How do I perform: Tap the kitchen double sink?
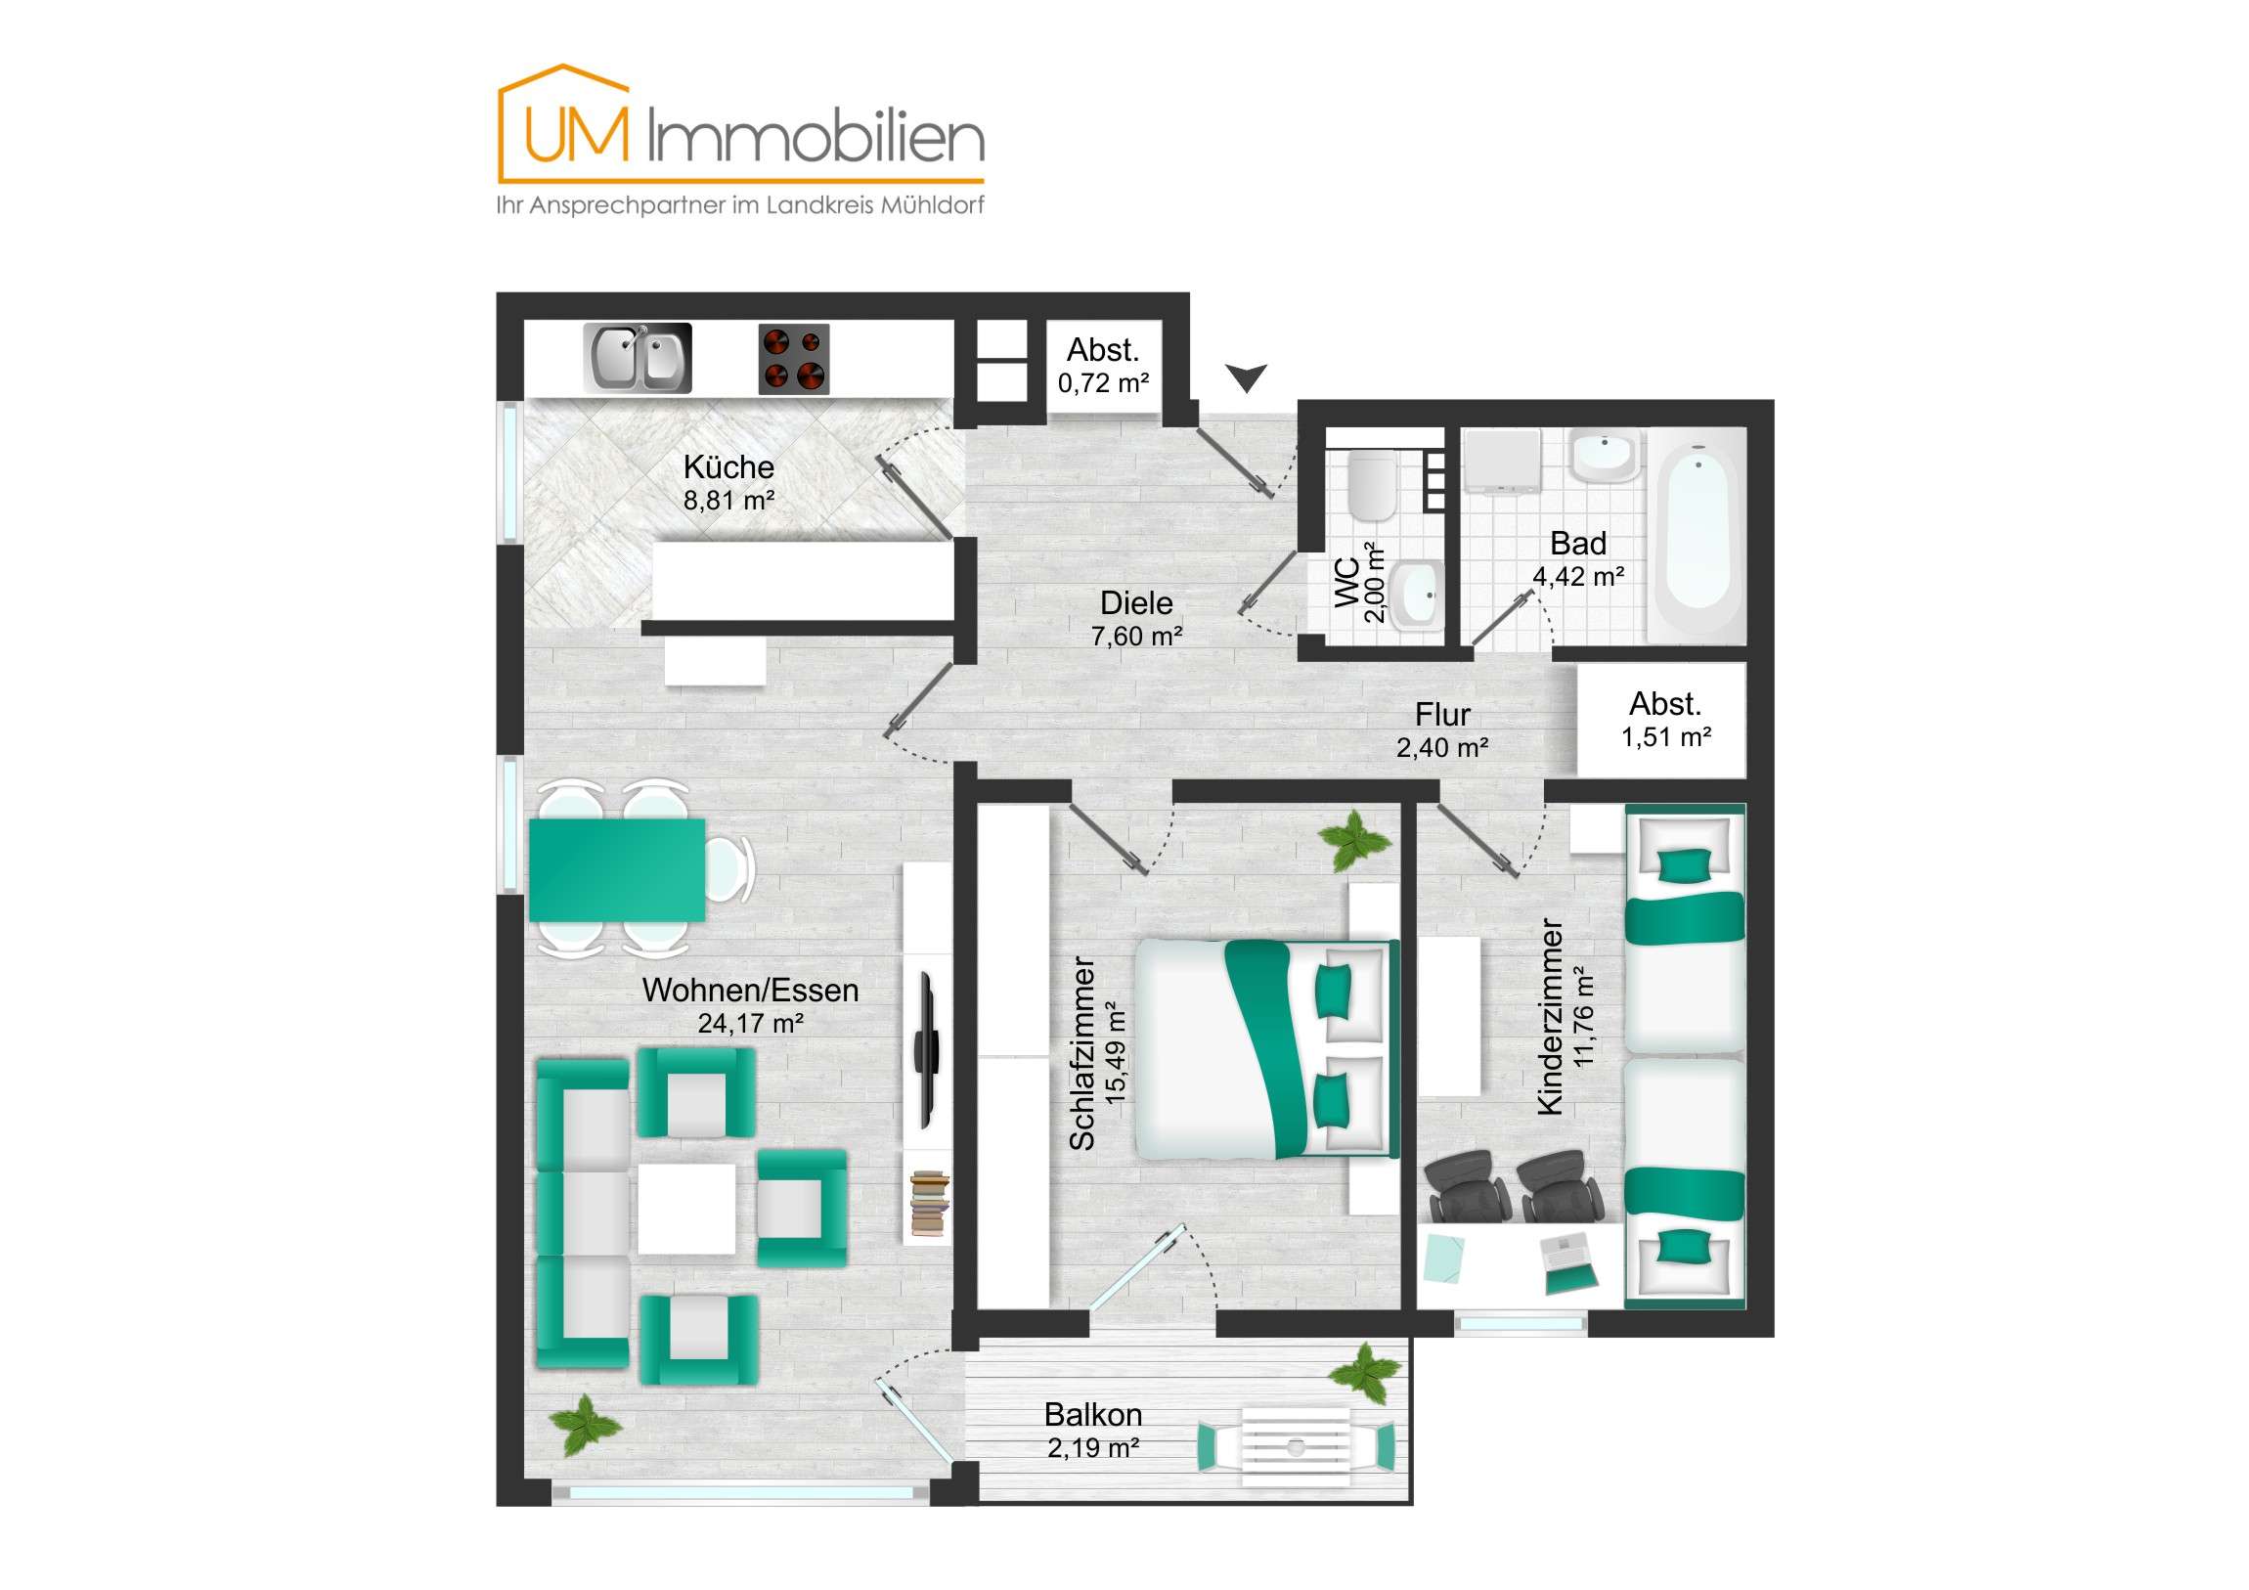pyautogui.click(x=638, y=359)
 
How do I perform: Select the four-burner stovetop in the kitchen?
pyautogui.click(x=793, y=359)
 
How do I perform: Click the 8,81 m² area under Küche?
pyautogui.click(x=728, y=501)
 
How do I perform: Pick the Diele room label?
pyautogui.click(x=1136, y=602)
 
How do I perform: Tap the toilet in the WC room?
pyautogui.click(x=1370, y=485)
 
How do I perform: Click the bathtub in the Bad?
pyautogui.click(x=1698, y=537)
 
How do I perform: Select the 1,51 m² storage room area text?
pyautogui.click(x=1665, y=737)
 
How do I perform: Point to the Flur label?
pyautogui.click(x=1442, y=714)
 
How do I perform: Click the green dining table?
pyautogui.click(x=617, y=871)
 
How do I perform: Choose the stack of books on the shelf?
pyautogui.click(x=930, y=1202)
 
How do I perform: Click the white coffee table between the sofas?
pyautogui.click(x=686, y=1208)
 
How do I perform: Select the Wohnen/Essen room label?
pyautogui.click(x=750, y=991)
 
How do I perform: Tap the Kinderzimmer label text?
pyautogui.click(x=1550, y=1016)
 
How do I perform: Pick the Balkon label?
pyautogui.click(x=1093, y=1415)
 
